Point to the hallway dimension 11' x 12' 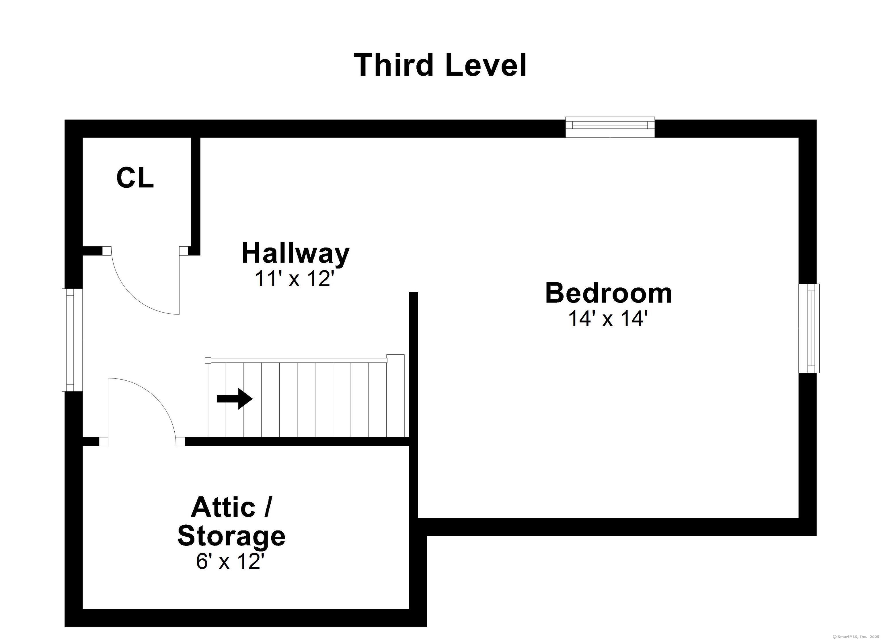click(294, 279)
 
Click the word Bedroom click(608, 293)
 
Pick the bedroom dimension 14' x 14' click(608, 319)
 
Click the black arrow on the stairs click(235, 398)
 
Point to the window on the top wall click(610, 127)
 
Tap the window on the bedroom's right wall click(809, 328)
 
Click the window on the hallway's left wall click(72, 340)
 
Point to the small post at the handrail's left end click(208, 360)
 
